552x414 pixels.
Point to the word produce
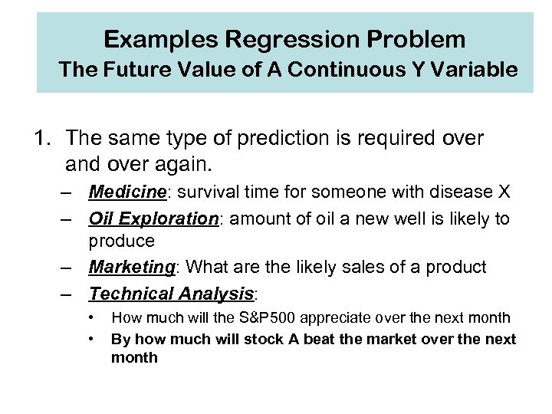click(x=122, y=241)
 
